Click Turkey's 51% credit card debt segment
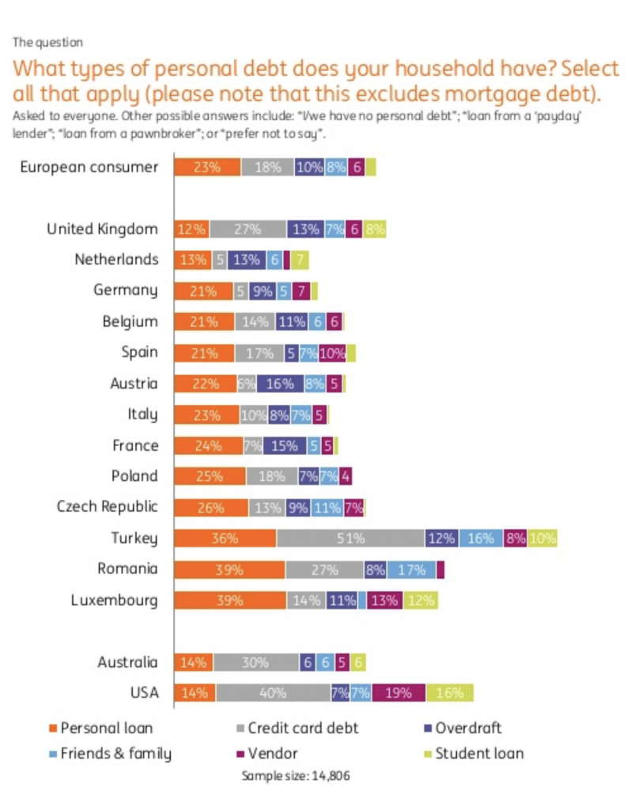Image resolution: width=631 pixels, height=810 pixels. tap(350, 539)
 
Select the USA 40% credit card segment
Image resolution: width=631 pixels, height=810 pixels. tap(273, 693)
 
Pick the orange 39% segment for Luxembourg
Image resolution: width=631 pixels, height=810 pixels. tap(229, 600)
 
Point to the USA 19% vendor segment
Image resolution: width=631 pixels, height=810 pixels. tap(399, 693)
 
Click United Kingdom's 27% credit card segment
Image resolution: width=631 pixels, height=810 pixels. tap(247, 229)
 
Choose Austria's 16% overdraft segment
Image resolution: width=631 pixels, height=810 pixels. tap(280, 384)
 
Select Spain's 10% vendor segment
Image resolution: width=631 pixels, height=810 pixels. tap(332, 353)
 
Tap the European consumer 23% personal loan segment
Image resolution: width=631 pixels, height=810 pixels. tap(206, 167)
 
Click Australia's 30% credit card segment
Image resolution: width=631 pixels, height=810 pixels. tap(255, 663)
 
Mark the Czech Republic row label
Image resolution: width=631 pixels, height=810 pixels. tap(108, 507)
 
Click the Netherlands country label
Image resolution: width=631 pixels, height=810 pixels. tap(116, 259)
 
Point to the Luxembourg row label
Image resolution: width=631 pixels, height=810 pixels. tap(114, 600)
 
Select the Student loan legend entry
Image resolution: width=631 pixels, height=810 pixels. tap(480, 753)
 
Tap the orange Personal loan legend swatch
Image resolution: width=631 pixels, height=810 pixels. tap(53, 728)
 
